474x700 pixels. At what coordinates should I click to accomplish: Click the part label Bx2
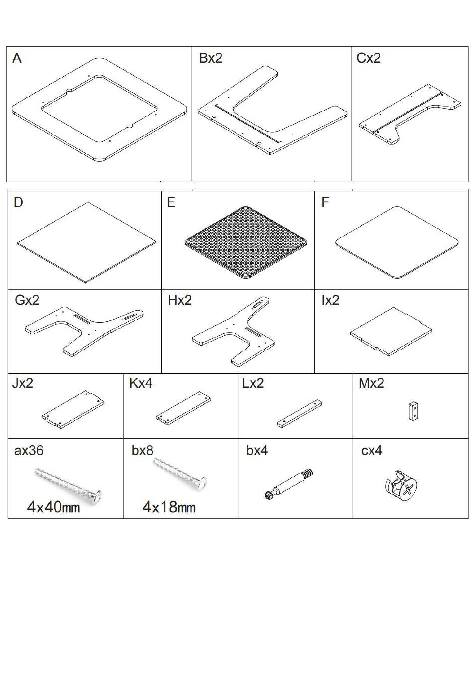click(210, 58)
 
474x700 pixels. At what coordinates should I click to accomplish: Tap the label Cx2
click(368, 58)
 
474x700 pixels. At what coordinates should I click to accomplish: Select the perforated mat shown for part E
click(246, 243)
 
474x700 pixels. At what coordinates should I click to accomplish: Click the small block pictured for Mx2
click(413, 411)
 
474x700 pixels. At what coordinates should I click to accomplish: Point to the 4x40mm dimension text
click(53, 507)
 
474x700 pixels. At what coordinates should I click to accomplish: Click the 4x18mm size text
click(169, 507)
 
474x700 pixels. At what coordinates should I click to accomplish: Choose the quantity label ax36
click(29, 451)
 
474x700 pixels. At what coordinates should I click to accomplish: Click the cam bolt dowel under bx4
click(288, 484)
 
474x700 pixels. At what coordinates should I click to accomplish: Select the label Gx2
click(27, 300)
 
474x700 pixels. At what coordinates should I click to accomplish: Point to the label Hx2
click(180, 300)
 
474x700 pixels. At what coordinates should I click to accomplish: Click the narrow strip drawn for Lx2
click(299, 414)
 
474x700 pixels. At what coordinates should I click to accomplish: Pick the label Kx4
click(141, 383)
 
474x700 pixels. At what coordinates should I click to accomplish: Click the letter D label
click(18, 202)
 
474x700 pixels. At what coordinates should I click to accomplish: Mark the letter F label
click(325, 202)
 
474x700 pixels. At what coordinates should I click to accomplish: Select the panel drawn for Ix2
click(391, 331)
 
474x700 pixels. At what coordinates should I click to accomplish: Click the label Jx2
click(23, 383)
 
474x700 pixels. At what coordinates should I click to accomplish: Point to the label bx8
click(142, 451)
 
